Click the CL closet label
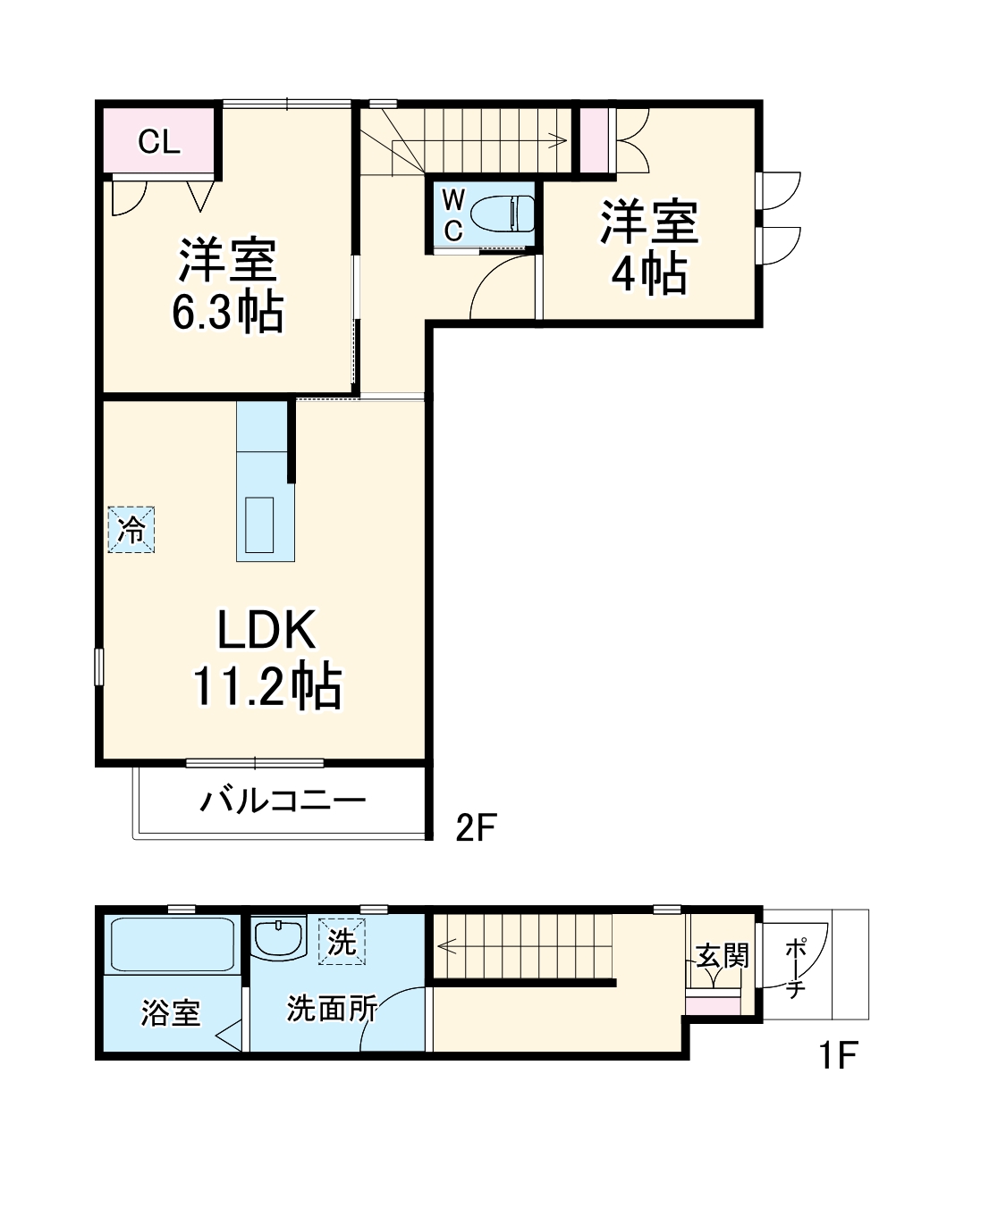[159, 141]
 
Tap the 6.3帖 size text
[227, 313]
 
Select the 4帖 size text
[649, 273]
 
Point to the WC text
[453, 215]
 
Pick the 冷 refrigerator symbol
[131, 530]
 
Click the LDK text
[266, 631]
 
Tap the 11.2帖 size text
[266, 686]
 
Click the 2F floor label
[475, 828]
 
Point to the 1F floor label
[838, 1056]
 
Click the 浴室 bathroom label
[170, 1012]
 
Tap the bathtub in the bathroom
[172, 944]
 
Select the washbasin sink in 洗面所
[279, 938]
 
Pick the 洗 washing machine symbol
[342, 941]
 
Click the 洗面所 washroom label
[331, 1009]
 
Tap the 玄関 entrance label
[722, 956]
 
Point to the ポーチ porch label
[795, 967]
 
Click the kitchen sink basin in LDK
[260, 525]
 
